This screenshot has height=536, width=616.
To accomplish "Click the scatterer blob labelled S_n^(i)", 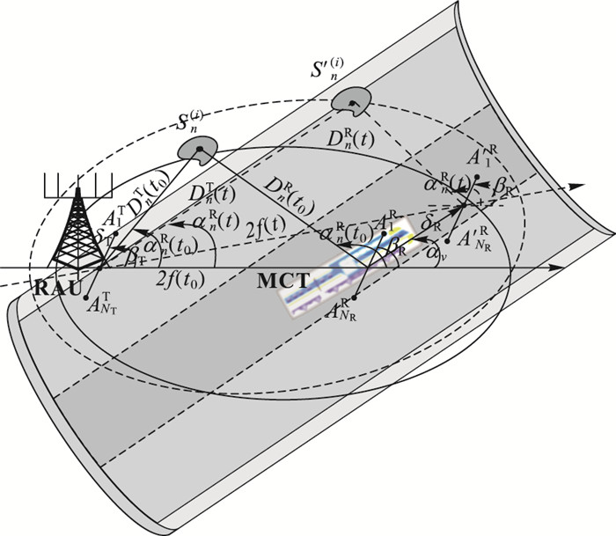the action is click(x=194, y=151).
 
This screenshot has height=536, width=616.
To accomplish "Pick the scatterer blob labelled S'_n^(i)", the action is click(x=351, y=103).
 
